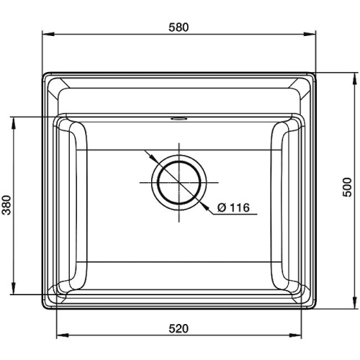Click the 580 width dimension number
coord(179,27)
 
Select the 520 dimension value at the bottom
coord(179,328)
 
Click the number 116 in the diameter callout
coord(238,208)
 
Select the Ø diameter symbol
coord(221,208)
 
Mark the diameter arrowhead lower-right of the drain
coord(202,205)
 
